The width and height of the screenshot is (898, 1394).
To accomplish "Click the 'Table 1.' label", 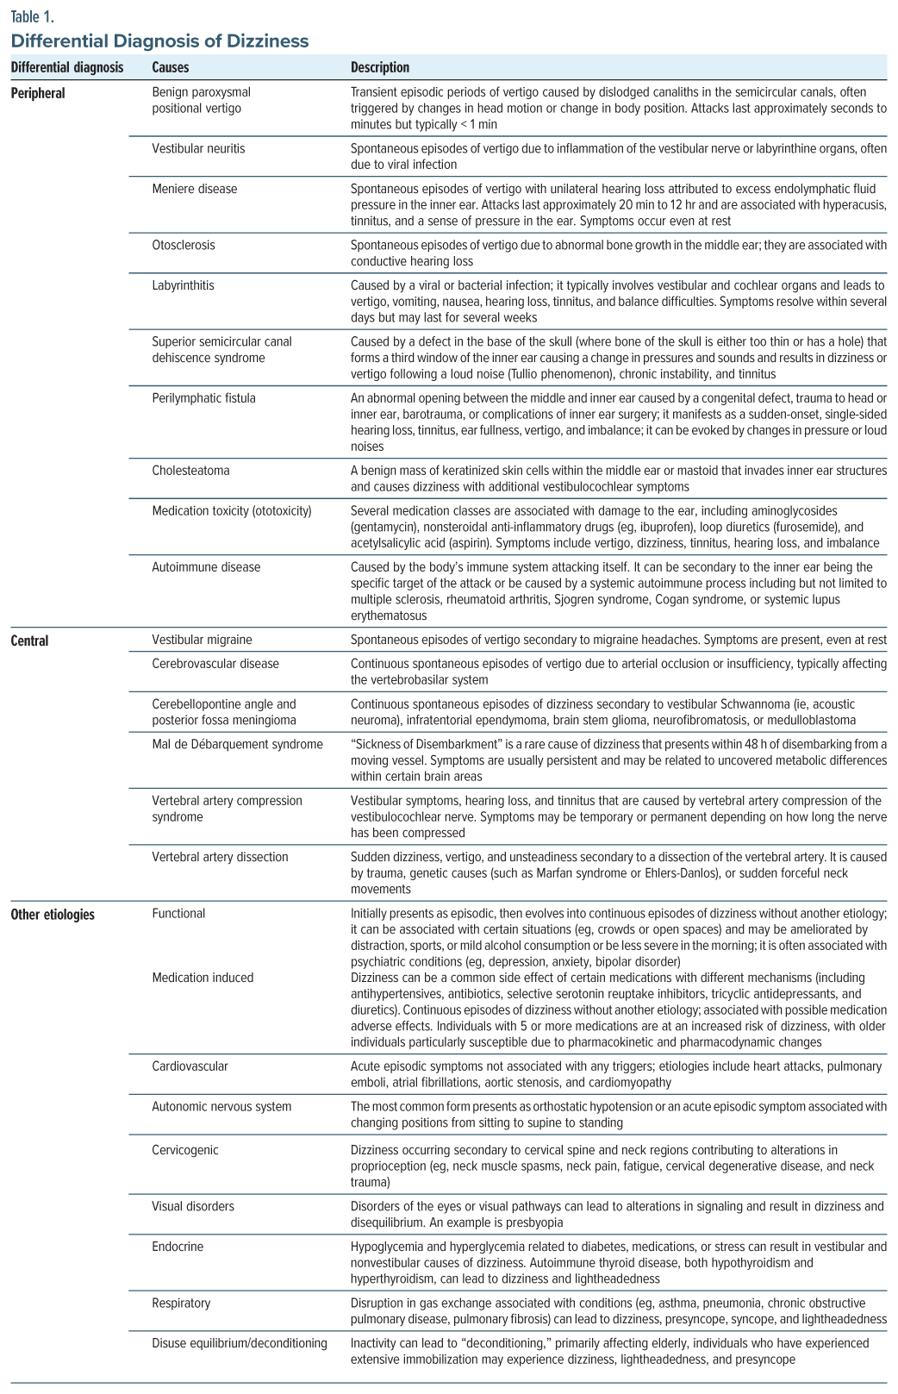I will pyautogui.click(x=32, y=16).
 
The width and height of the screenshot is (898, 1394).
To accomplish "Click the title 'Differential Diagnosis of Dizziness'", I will pyautogui.click(x=159, y=41).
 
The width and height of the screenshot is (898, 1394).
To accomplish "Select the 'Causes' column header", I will pyautogui.click(x=170, y=67).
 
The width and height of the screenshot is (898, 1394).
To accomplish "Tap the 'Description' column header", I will pyautogui.click(x=380, y=67).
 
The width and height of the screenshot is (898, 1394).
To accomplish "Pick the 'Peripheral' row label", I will pyautogui.click(x=38, y=92).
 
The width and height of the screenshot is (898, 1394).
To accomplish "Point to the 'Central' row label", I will pyautogui.click(x=29, y=641).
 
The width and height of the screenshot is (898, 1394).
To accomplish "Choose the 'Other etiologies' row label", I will pyautogui.click(x=53, y=914).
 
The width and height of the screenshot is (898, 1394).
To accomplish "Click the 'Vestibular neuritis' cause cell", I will pyautogui.click(x=198, y=148).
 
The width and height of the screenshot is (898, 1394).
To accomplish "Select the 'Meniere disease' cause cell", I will pyautogui.click(x=194, y=189).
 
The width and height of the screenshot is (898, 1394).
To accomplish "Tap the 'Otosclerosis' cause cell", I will pyautogui.click(x=183, y=245).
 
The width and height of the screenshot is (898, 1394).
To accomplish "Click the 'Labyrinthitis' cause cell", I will pyautogui.click(x=183, y=285).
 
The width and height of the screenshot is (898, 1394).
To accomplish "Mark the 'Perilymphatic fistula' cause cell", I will pyautogui.click(x=203, y=398).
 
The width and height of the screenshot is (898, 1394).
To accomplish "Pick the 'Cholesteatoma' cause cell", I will pyautogui.click(x=190, y=471).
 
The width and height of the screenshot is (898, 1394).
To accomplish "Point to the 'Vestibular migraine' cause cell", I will pyautogui.click(x=203, y=640).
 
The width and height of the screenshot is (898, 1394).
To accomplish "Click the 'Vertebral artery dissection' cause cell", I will pyautogui.click(x=220, y=857).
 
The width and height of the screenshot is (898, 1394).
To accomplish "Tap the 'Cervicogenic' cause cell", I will pyautogui.click(x=185, y=1150).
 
